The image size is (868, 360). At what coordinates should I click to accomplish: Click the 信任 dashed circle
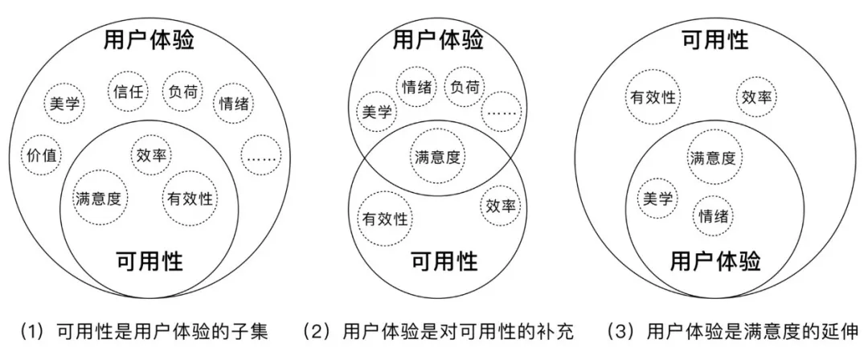click(x=127, y=92)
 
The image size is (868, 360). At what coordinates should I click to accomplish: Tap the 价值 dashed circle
click(x=42, y=156)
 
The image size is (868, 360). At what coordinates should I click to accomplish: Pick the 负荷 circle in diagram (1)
click(x=180, y=92)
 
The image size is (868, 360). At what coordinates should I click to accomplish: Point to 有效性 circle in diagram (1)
click(x=189, y=197)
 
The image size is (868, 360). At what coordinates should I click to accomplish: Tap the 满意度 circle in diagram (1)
click(x=96, y=198)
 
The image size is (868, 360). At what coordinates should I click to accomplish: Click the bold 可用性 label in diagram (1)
click(x=149, y=261)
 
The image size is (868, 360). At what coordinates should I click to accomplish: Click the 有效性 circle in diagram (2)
click(x=384, y=218)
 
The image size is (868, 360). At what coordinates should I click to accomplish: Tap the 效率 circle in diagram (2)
click(x=500, y=207)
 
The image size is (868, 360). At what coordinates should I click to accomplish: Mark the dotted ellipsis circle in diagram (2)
click(x=502, y=113)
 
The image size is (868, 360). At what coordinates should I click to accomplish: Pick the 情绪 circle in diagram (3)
click(x=714, y=215)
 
